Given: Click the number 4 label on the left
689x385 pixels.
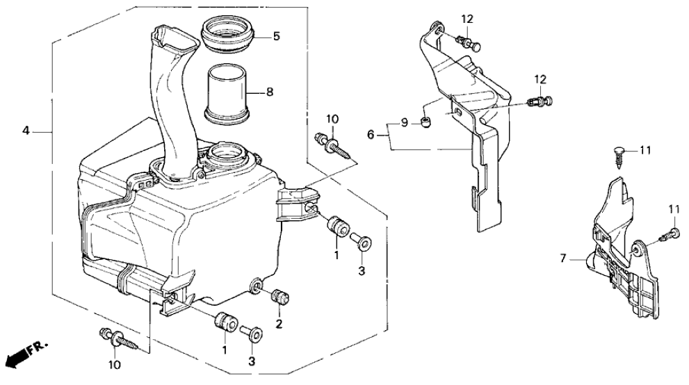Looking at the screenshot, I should (x=26, y=131).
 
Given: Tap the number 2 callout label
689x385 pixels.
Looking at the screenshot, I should (x=279, y=325).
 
